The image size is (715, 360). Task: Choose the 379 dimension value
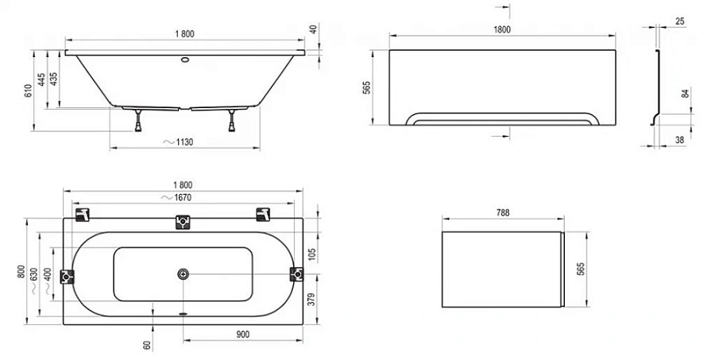click(x=312, y=300)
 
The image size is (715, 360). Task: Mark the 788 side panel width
click(x=501, y=212)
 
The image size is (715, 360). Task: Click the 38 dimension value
click(x=679, y=140)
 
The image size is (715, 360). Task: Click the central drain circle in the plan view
click(x=184, y=275)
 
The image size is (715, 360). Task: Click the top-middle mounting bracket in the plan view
click(x=183, y=222)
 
